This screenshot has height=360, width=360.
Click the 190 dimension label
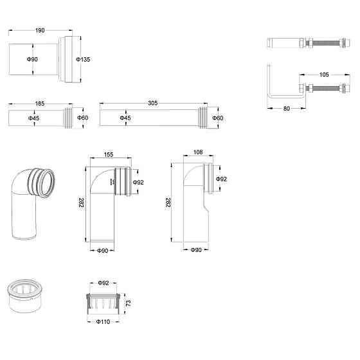tap(40, 30)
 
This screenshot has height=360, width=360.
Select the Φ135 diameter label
tap(83, 59)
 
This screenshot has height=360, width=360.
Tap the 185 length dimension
tap(40, 104)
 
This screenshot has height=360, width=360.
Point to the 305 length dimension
tap(153, 103)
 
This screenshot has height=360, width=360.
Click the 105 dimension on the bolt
tap(324, 75)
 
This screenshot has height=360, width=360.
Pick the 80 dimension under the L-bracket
tap(287, 109)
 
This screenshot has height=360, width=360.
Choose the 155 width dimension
tap(109, 154)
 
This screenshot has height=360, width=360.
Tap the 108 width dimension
tap(198, 152)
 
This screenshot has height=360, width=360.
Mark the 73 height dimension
tap(129, 303)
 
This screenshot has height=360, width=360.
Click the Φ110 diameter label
tap(103, 321)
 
